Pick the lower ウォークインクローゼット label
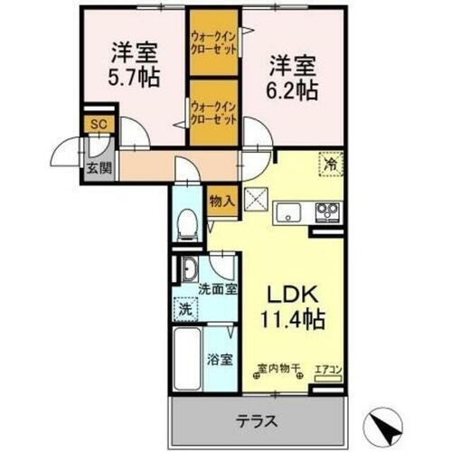click(215, 112)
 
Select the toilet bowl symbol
click(188, 222)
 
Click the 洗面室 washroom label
click(218, 289)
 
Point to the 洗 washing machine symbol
click(184, 307)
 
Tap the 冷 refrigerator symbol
click(330, 166)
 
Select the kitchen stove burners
click(325, 212)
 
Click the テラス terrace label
click(258, 420)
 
